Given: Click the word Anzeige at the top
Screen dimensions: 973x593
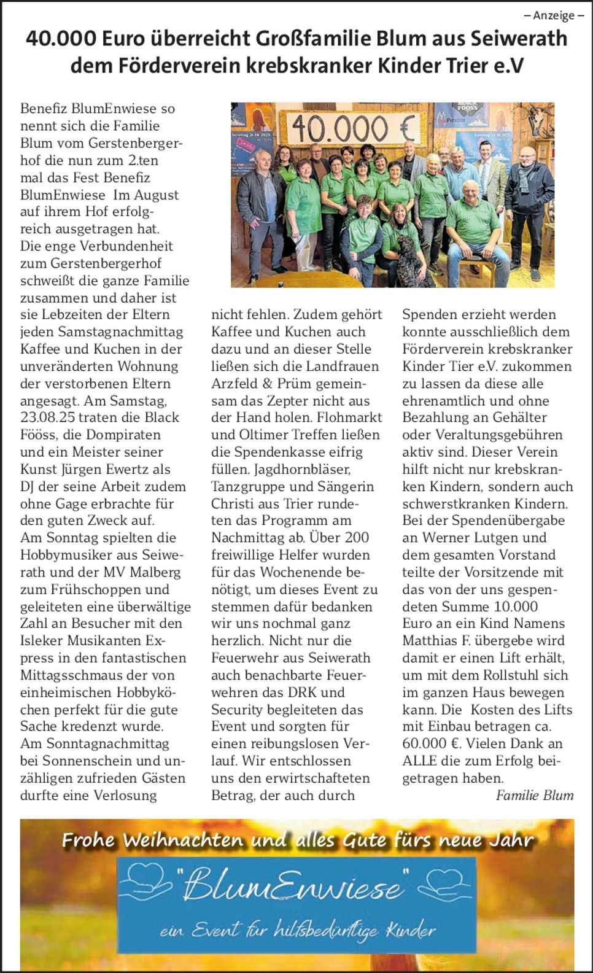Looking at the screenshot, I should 554,15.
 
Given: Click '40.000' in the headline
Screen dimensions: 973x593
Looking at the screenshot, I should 61,39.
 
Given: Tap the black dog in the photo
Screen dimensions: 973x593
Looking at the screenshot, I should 406,258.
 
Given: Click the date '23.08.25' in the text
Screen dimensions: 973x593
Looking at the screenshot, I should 47,418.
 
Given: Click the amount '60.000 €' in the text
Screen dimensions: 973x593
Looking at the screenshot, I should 430,744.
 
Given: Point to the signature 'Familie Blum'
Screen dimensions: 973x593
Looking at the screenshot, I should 534,796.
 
